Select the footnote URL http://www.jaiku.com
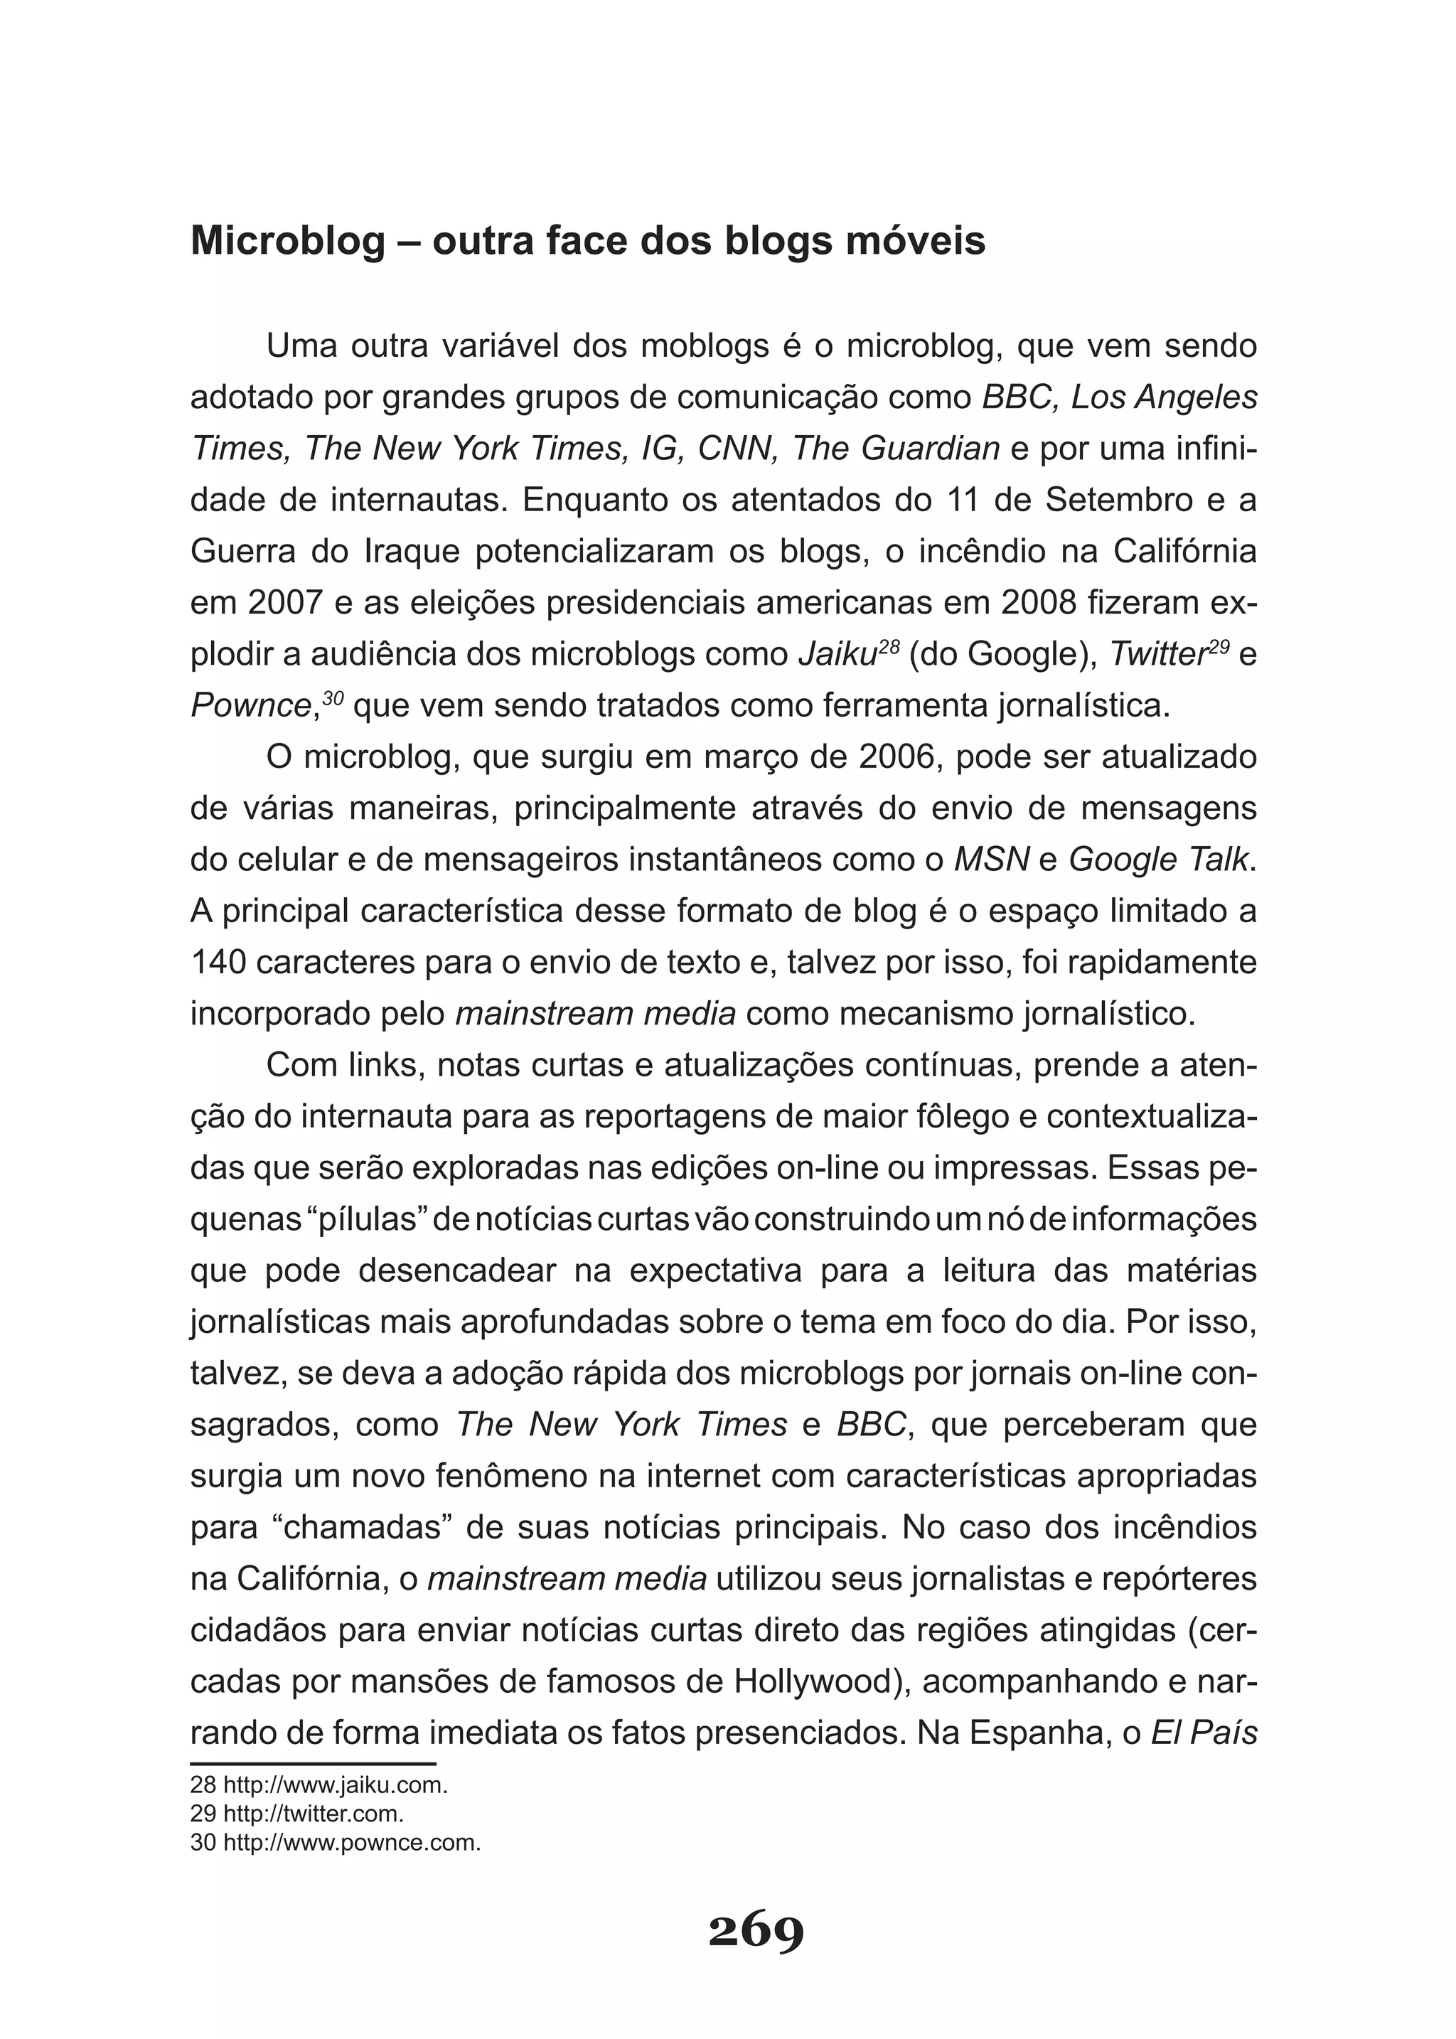(x=334, y=1784)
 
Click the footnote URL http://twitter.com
(x=313, y=1813)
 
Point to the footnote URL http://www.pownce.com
(x=351, y=1843)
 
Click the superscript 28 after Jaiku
(x=889, y=644)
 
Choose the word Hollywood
(x=816, y=1681)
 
